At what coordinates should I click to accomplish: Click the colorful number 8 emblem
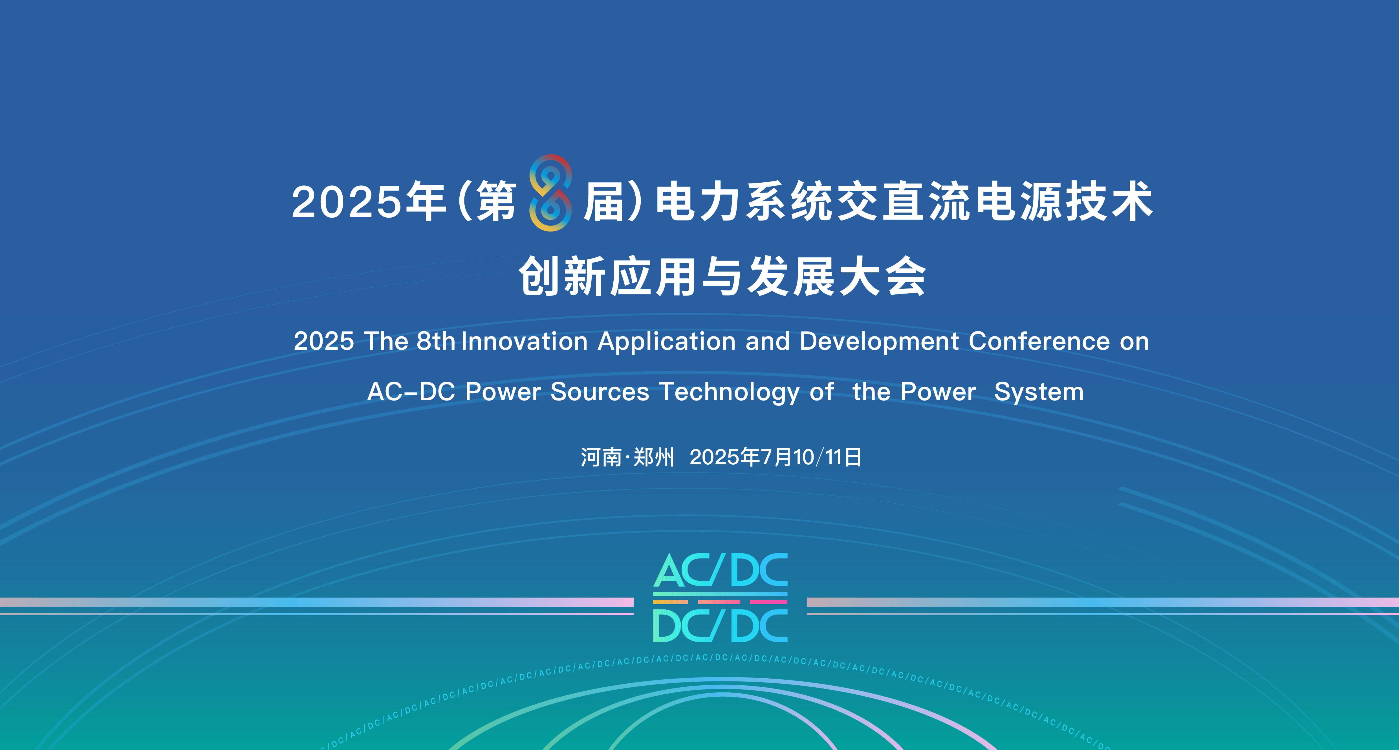550,193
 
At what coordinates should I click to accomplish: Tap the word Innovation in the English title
525,341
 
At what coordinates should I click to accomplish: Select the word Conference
1039,341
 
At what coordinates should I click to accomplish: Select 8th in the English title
436,341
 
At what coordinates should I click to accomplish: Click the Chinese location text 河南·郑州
627,457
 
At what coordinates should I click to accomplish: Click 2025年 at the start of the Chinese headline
368,201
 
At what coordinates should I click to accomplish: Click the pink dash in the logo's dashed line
768,602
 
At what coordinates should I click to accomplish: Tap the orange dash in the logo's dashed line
671,602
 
